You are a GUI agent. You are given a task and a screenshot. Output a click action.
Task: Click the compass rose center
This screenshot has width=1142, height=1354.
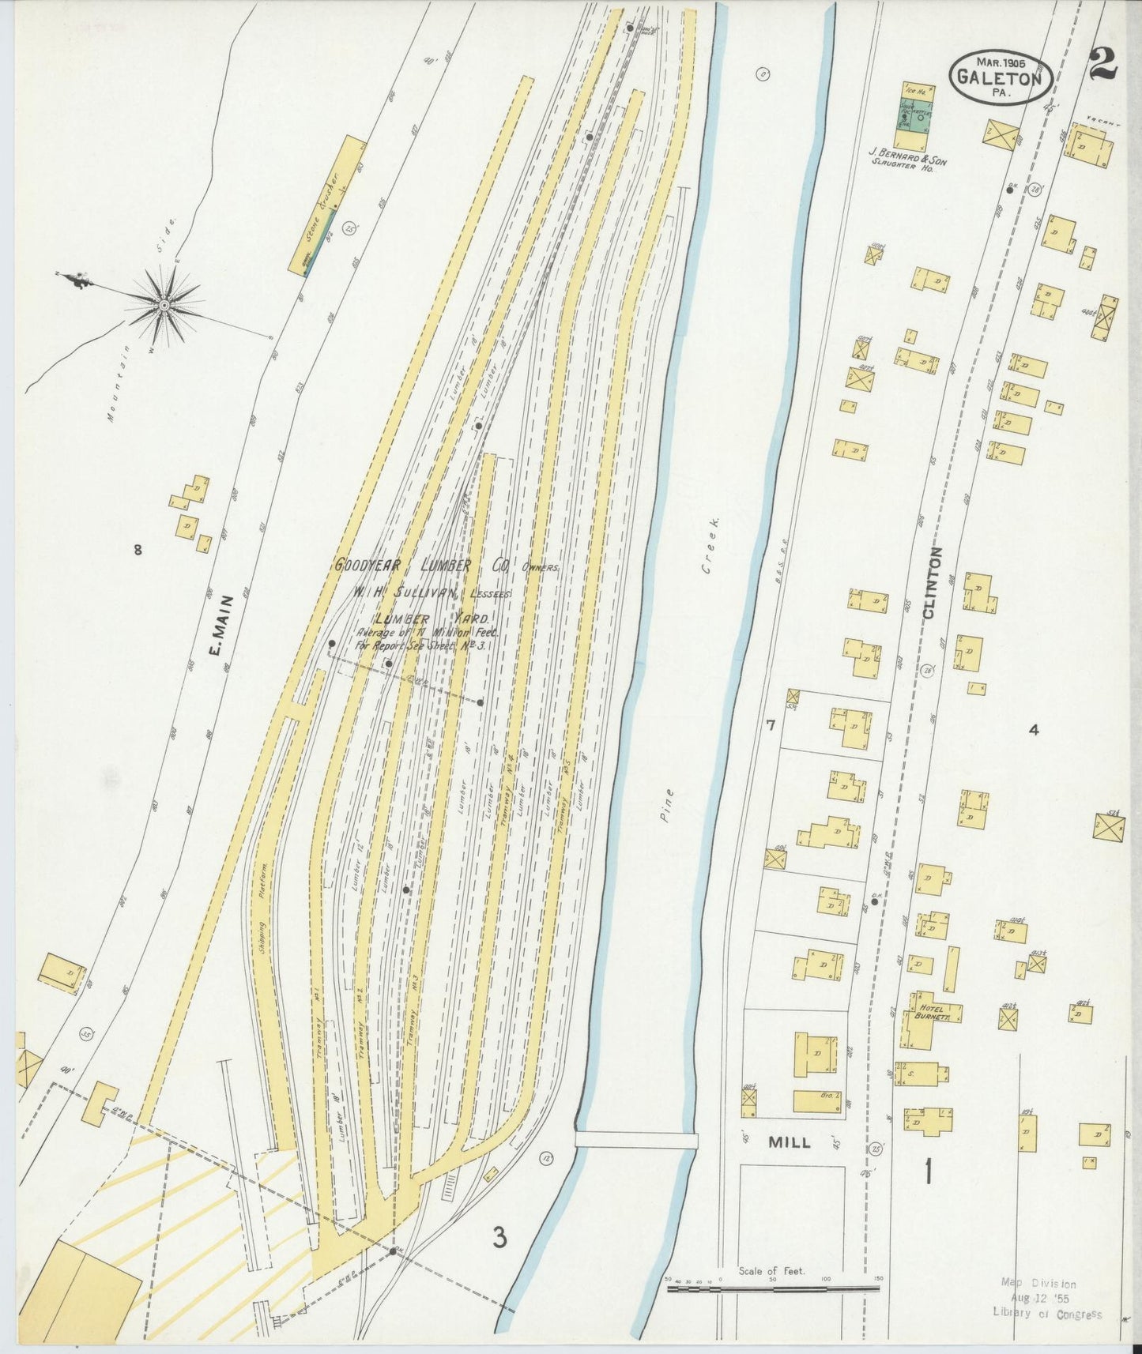pos(164,305)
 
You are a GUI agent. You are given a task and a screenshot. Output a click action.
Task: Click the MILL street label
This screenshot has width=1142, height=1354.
pos(789,1142)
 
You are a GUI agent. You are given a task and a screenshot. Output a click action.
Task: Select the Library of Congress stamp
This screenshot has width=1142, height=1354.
pos(1047,1299)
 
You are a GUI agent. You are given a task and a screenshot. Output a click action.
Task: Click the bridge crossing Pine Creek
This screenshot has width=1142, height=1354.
pos(636,1140)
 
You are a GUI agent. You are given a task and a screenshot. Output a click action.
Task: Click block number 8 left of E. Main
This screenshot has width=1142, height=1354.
pos(138,550)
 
